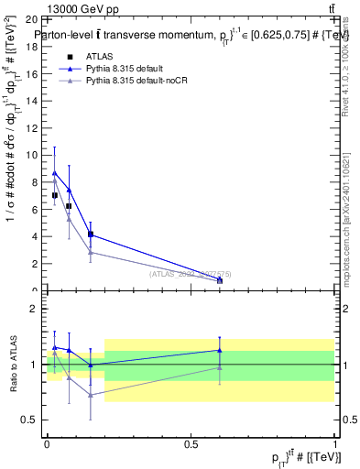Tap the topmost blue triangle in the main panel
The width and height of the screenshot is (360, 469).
point(55,172)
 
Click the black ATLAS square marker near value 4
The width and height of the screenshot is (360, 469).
point(91,234)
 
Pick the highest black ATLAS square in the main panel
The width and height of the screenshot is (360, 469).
point(55,195)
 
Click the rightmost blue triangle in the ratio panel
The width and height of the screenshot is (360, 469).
point(219,350)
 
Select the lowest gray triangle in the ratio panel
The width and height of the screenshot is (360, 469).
point(91,395)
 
